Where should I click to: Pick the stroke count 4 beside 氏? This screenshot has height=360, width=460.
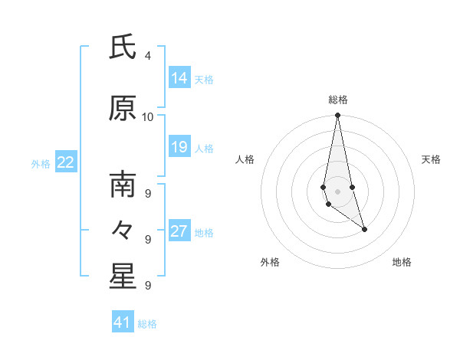(148, 56)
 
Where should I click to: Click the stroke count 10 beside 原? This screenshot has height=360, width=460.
(148, 117)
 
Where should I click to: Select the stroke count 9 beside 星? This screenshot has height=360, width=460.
(148, 285)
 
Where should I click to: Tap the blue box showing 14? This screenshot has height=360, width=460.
(179, 78)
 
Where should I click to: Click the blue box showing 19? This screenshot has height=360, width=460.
(179, 147)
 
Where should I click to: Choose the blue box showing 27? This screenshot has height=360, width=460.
(179, 231)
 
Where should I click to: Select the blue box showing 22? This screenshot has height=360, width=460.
(66, 162)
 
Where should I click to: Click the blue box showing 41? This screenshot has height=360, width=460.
(123, 322)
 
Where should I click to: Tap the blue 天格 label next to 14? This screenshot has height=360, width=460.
(204, 79)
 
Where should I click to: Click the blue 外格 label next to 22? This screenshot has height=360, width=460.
(41, 163)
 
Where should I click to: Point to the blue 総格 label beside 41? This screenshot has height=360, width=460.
(147, 323)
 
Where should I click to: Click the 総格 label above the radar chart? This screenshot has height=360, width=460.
(337, 100)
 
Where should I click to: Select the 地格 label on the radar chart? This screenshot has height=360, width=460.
(402, 262)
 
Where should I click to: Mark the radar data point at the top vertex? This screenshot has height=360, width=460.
(337, 116)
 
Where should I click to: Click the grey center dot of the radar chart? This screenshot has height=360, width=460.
(337, 191)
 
